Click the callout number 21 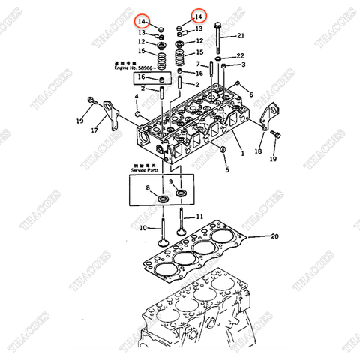241,35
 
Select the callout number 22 241,56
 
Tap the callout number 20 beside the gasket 274,236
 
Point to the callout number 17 94,130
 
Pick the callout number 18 258,151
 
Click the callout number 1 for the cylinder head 242,153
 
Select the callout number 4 136,97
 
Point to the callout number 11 199,217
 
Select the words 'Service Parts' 146,171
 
